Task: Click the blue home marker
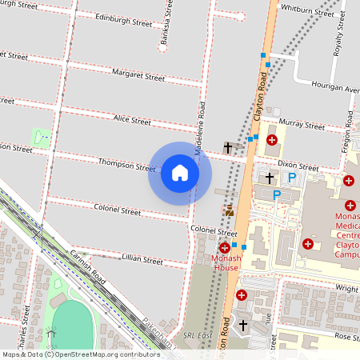[180, 172]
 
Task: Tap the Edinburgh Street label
[123, 18]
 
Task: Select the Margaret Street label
[138, 75]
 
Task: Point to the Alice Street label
[132, 120]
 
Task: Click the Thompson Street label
[126, 165]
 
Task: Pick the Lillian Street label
[142, 260]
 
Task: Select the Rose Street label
[345, 336]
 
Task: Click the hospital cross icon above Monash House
[225, 248]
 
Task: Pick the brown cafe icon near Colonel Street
[230, 210]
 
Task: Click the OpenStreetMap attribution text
[80, 354]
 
